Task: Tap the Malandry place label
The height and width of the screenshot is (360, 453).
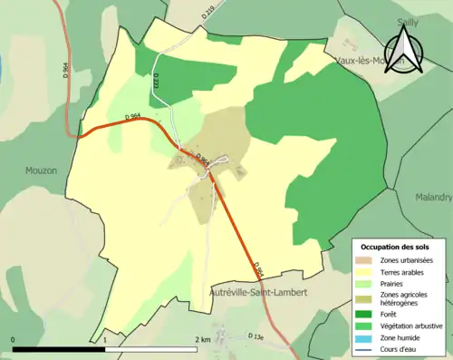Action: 433,197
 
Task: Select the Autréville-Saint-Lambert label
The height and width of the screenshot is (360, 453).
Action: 257,293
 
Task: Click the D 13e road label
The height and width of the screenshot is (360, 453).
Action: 256,336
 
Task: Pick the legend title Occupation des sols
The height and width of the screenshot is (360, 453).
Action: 398,247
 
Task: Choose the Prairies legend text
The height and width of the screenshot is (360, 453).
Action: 394,284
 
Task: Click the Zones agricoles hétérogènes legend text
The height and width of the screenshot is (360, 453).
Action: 404,298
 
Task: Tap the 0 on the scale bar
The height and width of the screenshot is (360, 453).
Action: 13,339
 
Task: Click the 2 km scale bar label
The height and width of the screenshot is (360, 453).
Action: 202,339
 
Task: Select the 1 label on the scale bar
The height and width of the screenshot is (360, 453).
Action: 106,339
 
